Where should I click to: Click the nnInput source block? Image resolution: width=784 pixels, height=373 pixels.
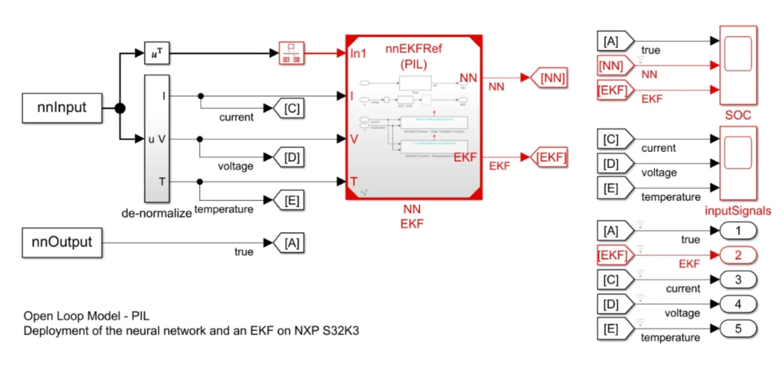tap(61, 108)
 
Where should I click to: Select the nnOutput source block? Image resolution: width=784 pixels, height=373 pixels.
tap(61, 243)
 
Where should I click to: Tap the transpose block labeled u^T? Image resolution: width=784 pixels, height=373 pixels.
tap(156, 53)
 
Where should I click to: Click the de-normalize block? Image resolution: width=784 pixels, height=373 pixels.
tap(156, 138)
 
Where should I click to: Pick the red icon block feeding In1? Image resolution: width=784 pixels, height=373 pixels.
tap(292, 53)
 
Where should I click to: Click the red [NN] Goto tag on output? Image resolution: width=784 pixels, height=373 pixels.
tap(548, 78)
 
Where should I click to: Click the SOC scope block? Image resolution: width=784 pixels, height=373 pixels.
tap(738, 66)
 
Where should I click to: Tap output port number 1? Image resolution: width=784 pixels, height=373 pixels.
tap(737, 231)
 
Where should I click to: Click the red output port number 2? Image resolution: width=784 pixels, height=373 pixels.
tap(737, 255)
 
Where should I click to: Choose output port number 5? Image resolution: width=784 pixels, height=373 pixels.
tap(737, 329)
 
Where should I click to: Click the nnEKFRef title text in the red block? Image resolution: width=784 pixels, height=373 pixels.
tap(413, 50)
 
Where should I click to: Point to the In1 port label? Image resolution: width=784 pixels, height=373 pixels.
tap(358, 54)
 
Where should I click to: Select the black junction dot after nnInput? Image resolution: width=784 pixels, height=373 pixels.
tap(120, 108)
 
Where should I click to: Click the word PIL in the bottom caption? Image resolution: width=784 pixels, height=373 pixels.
tap(140, 317)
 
